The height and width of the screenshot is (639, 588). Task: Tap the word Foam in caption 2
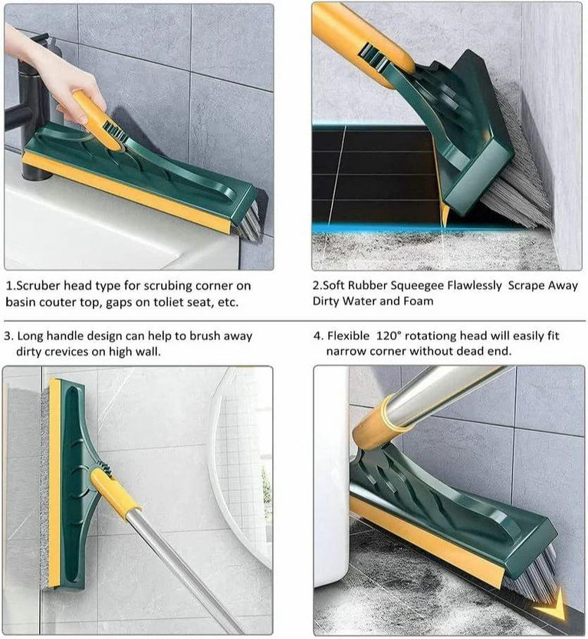[x=417, y=301]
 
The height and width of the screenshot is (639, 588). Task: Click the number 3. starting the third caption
[x=8, y=336]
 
